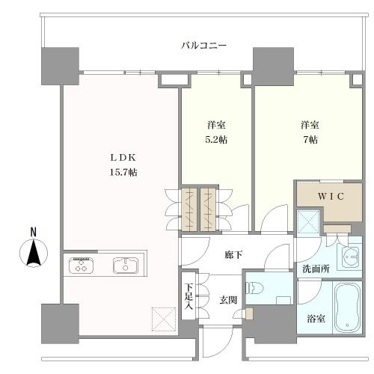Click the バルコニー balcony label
[x=203, y=46]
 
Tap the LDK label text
[x=123, y=157]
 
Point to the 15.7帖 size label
[x=123, y=172]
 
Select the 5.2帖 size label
[x=216, y=140]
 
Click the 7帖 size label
[x=310, y=140]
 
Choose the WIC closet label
[x=331, y=197]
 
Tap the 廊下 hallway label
[x=233, y=255]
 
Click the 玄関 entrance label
[x=228, y=300]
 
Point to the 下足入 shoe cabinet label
[x=188, y=296]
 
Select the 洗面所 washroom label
[x=316, y=269]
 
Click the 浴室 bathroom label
[x=316, y=319]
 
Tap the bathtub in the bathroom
[x=347, y=307]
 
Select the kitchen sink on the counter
[x=126, y=266]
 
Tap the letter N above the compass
[x=33, y=233]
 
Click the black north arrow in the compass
[x=34, y=252]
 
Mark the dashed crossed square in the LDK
[x=165, y=319]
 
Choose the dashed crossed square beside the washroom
[x=308, y=222]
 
